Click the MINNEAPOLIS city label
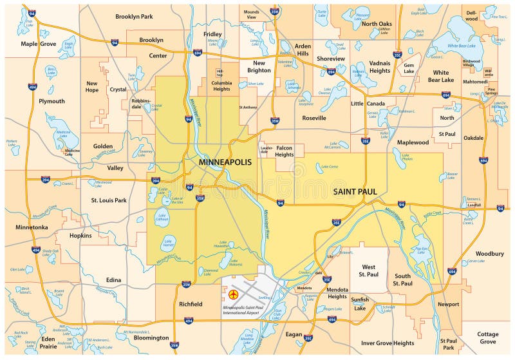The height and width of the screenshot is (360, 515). click(225, 162)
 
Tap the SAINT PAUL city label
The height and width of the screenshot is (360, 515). click(355, 192)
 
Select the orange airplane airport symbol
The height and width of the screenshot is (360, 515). click(233, 295)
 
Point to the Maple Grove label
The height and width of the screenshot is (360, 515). click(38, 44)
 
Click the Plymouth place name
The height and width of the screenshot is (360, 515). click(51, 101)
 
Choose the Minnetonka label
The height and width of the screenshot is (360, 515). click(32, 227)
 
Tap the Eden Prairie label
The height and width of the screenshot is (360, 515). click(48, 342)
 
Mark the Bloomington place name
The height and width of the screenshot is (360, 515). click(151, 337)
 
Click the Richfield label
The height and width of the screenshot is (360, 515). click(191, 304)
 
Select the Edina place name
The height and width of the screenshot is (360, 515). click(113, 280)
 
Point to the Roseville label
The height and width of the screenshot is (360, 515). click(314, 118)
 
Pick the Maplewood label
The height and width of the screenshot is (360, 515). click(413, 142)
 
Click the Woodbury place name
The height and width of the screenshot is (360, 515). click(490, 254)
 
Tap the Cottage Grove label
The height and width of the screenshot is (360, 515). click(488, 338)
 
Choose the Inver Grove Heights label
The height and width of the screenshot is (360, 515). click(388, 343)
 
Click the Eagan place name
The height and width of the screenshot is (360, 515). click(294, 334)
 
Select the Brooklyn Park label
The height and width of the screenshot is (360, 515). click(134, 16)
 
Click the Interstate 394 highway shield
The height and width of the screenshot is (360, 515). click(45, 180)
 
